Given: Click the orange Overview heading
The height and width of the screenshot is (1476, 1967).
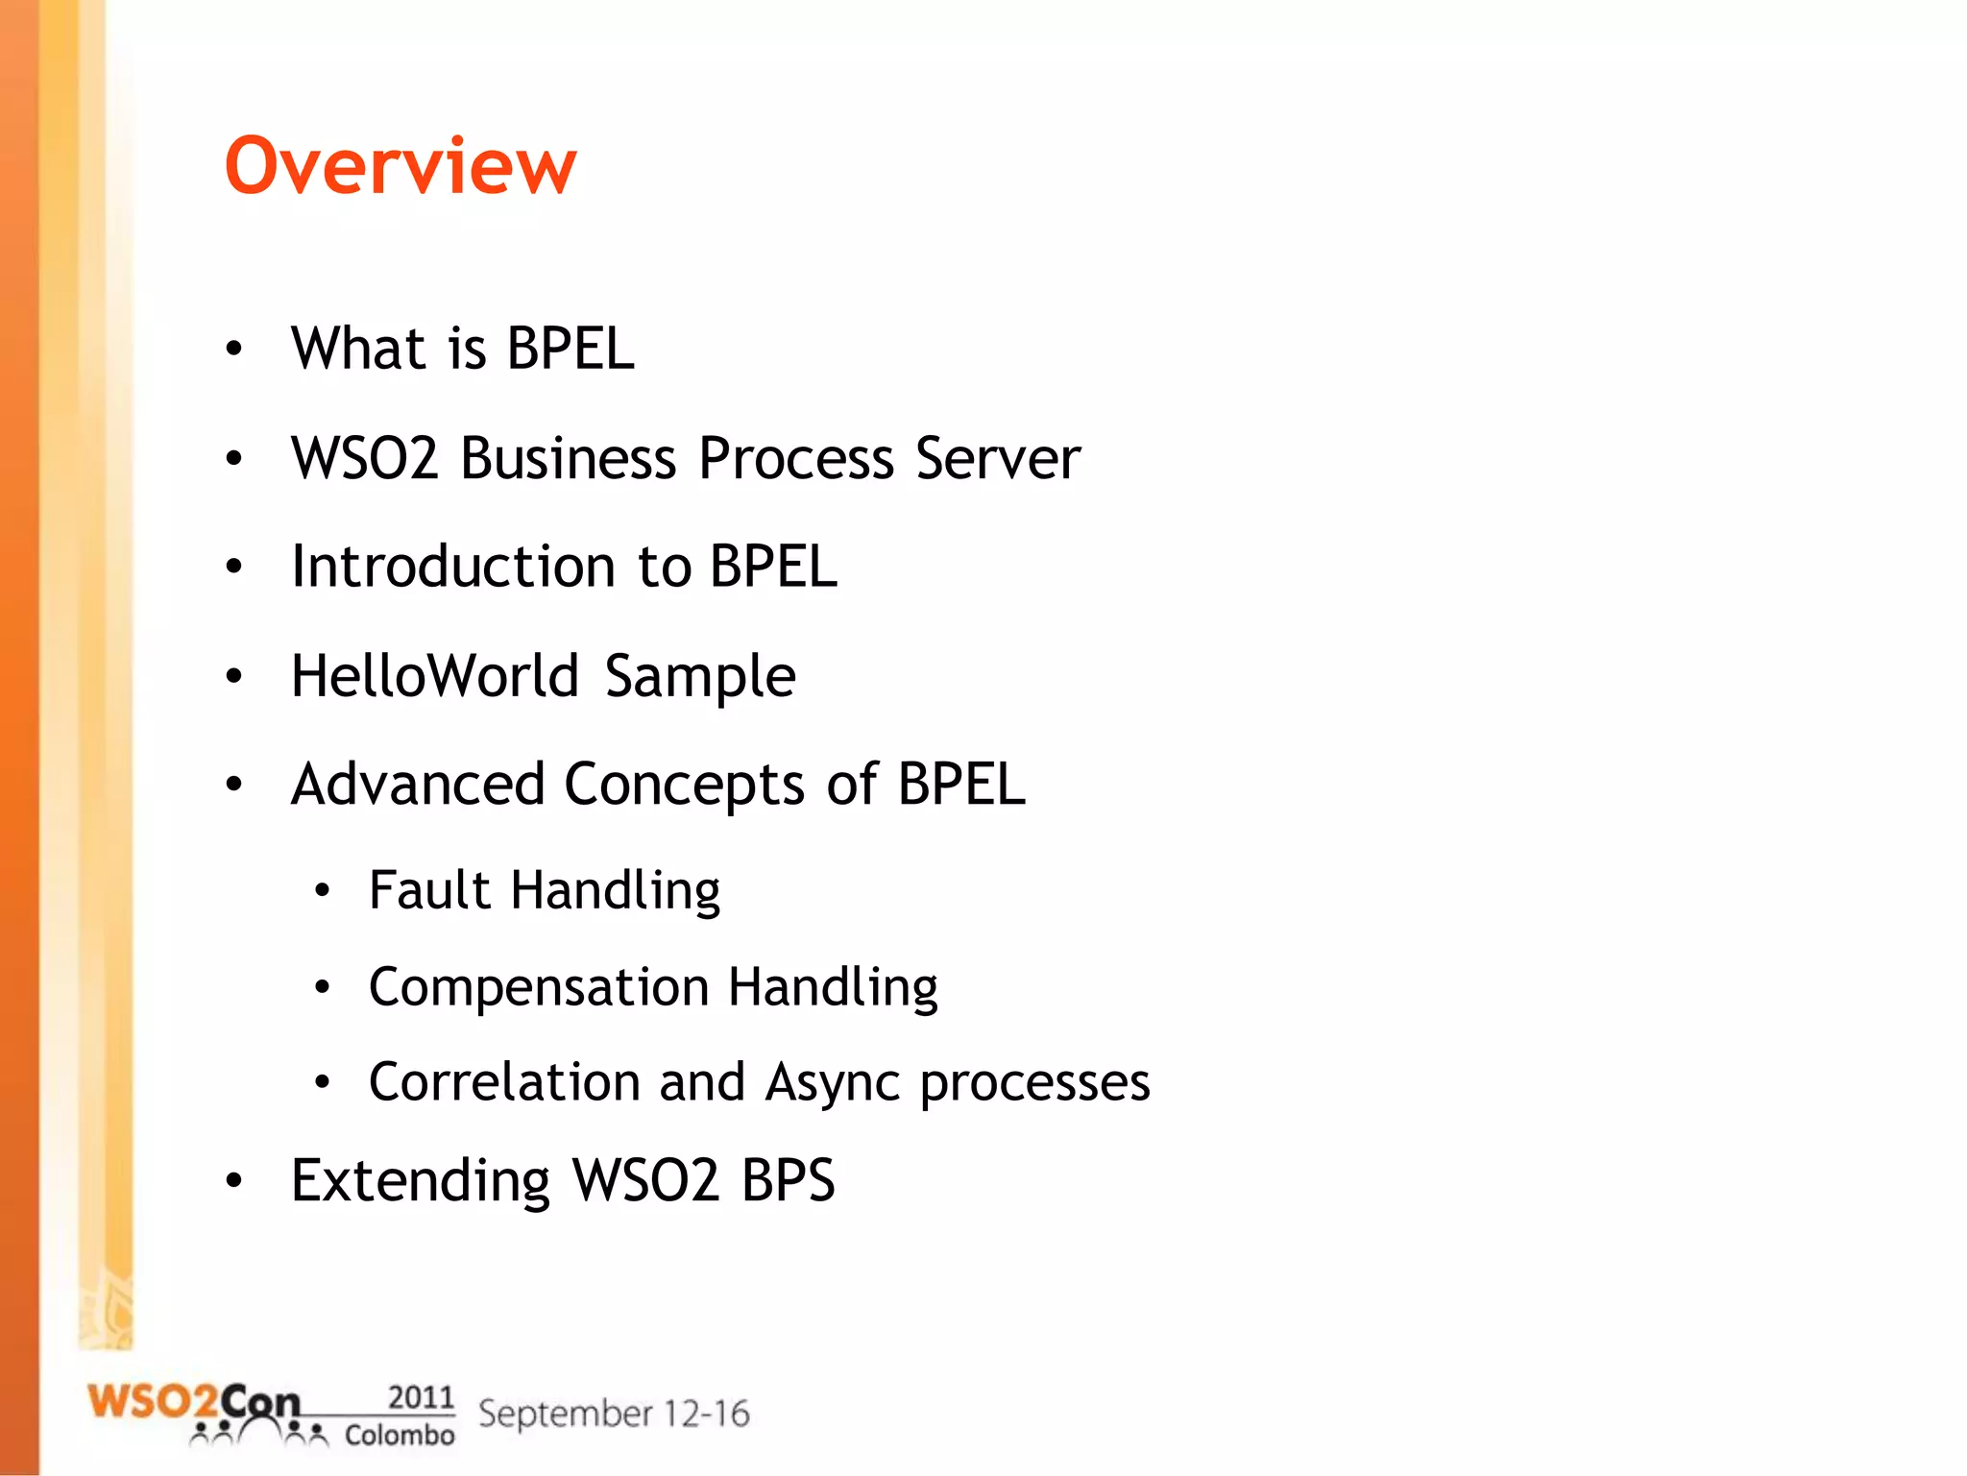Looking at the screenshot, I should pos(401,166).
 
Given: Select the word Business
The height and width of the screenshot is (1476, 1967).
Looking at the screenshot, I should pos(568,458).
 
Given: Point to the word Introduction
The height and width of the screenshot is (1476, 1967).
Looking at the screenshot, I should pos(452,567).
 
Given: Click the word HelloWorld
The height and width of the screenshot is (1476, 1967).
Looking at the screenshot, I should pos(434,676).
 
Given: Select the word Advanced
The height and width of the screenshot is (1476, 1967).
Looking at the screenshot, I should pos(418,785).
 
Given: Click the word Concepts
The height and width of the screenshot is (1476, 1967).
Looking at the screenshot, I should pos(684,786).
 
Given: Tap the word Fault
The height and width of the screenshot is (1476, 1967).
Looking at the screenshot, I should pos(429,890).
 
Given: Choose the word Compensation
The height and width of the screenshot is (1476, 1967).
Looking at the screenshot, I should pos(539,988).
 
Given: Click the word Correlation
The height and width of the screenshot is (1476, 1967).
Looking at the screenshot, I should pos(504,1082).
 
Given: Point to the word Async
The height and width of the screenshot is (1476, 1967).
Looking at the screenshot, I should pos(833,1084).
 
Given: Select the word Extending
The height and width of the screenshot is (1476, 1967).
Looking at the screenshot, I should pos(420,1180).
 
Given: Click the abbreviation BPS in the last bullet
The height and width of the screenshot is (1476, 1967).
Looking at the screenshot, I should pos(788,1180).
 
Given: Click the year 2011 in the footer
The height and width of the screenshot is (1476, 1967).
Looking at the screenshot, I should pos(421,1397).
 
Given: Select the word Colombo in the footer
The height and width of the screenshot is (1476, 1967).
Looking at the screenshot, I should pos(400,1436).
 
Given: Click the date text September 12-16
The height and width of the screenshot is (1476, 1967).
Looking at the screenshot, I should pos(614,1414).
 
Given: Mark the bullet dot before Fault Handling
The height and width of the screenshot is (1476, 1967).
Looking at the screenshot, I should pos(323,891).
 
